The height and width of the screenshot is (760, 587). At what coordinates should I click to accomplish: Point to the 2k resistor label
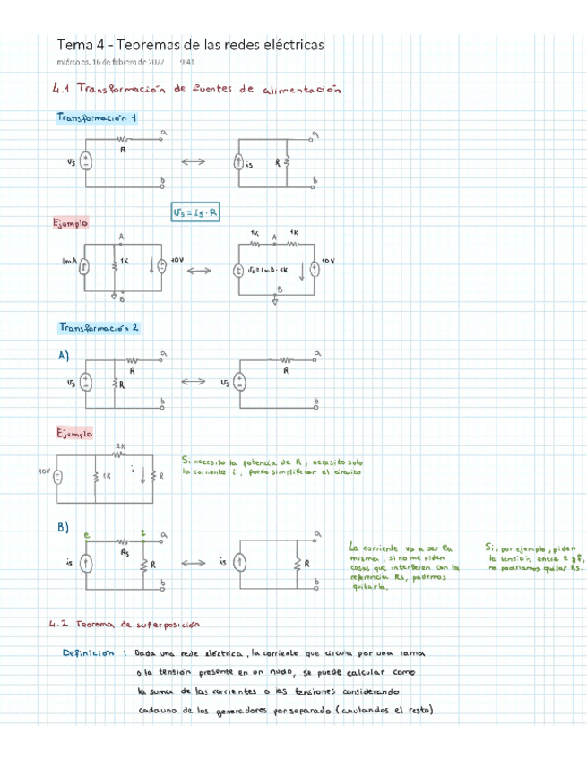(x=120, y=445)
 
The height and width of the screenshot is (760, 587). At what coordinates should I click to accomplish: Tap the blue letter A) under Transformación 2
(x=64, y=355)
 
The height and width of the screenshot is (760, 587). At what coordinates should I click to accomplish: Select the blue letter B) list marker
(x=63, y=528)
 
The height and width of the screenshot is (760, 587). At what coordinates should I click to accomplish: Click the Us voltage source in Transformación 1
(x=86, y=162)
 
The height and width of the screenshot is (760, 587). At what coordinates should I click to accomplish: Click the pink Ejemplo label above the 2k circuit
(x=73, y=433)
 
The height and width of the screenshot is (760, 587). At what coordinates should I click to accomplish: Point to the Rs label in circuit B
(x=125, y=552)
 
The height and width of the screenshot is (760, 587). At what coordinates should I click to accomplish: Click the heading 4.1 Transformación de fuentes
(x=197, y=90)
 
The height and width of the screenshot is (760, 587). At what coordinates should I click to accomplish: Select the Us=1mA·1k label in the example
(x=271, y=268)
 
